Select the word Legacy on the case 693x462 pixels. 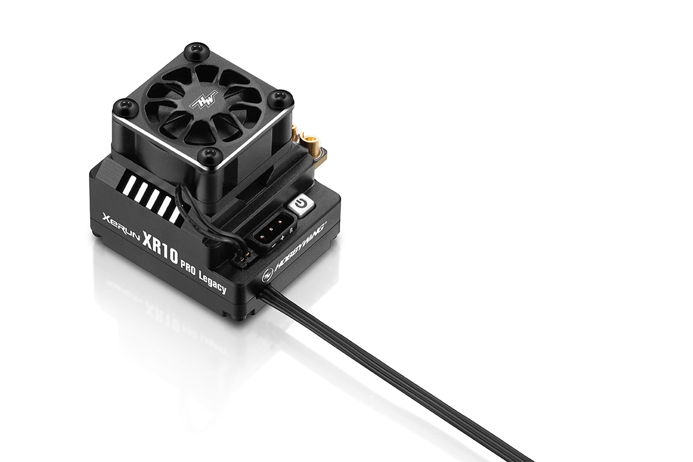tap(213, 284)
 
